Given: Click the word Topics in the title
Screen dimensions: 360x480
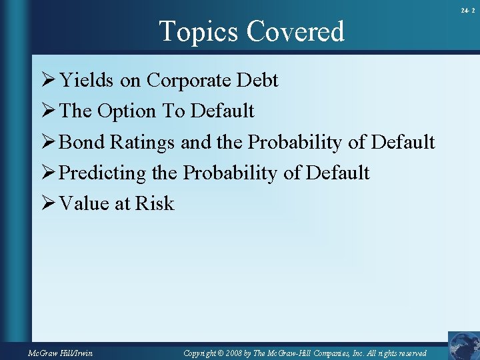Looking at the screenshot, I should [x=199, y=31].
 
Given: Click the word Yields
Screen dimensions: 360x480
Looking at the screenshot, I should [x=87, y=81].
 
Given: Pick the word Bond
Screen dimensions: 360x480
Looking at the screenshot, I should [x=82, y=142].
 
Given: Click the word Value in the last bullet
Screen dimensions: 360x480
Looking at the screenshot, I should [x=85, y=203].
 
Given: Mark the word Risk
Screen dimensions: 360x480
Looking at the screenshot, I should [x=155, y=203].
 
